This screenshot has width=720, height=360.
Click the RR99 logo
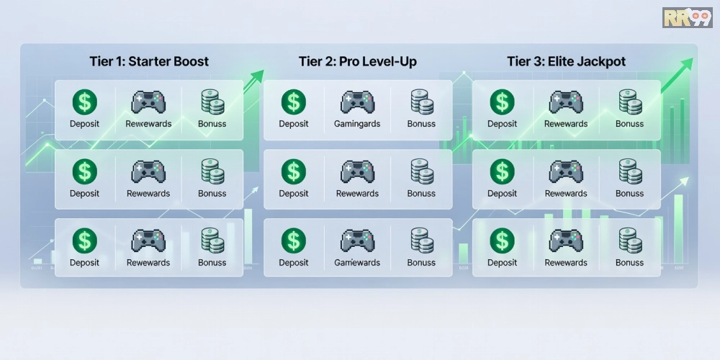tap(687, 17)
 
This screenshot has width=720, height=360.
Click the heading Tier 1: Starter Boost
tap(149, 61)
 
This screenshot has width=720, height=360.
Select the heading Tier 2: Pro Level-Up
tap(358, 61)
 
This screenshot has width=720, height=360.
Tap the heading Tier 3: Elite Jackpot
tap(566, 61)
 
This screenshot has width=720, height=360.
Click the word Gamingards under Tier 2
tap(357, 124)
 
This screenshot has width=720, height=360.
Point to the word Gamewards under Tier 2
tap(357, 263)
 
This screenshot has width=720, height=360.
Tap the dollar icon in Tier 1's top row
tap(85, 102)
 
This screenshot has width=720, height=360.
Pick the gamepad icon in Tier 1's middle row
tap(148, 171)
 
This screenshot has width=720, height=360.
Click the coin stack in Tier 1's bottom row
tap(212, 240)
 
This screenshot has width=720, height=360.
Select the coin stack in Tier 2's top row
tap(421, 102)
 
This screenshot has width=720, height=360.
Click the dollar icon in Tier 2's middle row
tap(293, 171)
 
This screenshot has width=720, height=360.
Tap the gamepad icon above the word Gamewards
tap(357, 240)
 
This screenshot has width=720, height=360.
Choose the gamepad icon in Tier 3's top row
tap(566, 102)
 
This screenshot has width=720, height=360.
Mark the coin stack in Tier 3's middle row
tap(630, 171)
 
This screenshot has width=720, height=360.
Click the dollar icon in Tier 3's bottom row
tap(502, 240)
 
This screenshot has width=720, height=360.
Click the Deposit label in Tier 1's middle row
tap(85, 194)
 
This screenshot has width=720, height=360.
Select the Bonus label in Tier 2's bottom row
tap(421, 263)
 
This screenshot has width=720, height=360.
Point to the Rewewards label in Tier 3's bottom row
tap(566, 263)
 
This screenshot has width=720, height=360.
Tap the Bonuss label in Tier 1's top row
tap(212, 124)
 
